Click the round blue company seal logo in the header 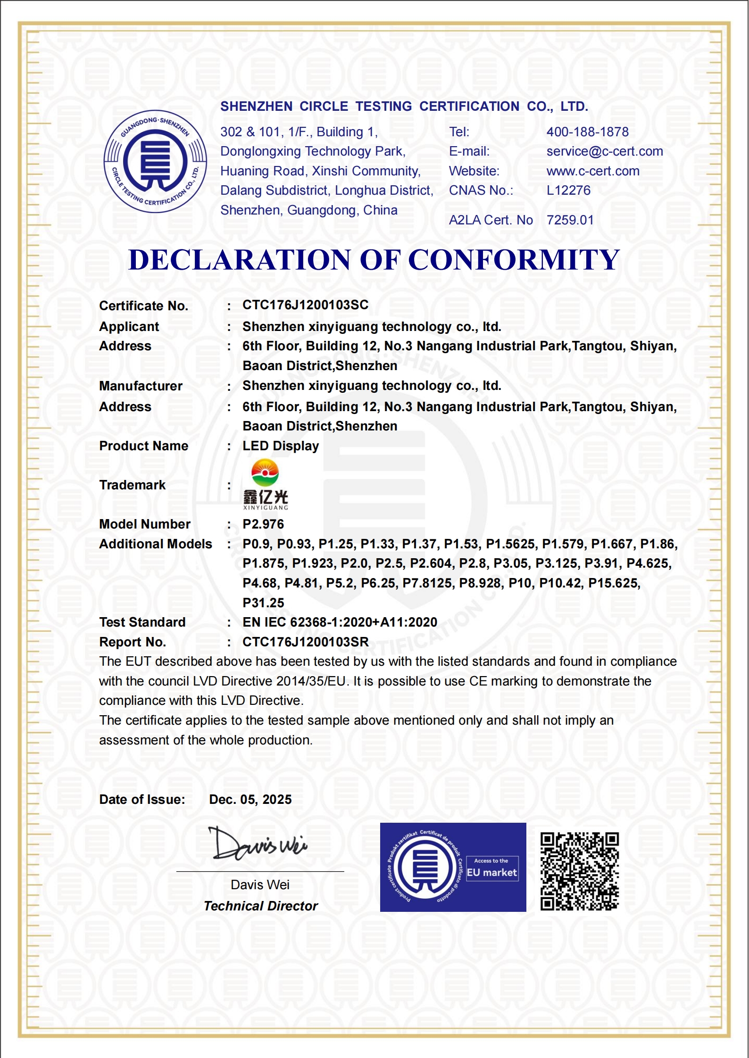coord(155,161)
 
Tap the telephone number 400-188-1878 coord(587,132)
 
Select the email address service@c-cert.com coord(604,151)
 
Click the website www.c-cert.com coord(592,171)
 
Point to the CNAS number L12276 coord(568,190)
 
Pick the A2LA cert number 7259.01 coord(570,220)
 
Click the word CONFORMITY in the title coord(514,260)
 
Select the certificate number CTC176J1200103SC coord(305,305)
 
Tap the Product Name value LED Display coord(281,446)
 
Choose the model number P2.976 coord(263,524)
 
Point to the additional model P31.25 coord(263,603)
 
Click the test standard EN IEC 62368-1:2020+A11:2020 coord(340,622)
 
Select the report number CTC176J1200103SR coord(305,642)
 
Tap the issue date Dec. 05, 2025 coord(250,800)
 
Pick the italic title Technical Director coord(260,906)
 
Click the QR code coord(579,871)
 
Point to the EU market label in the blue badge coord(492,873)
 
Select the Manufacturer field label coord(141,386)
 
